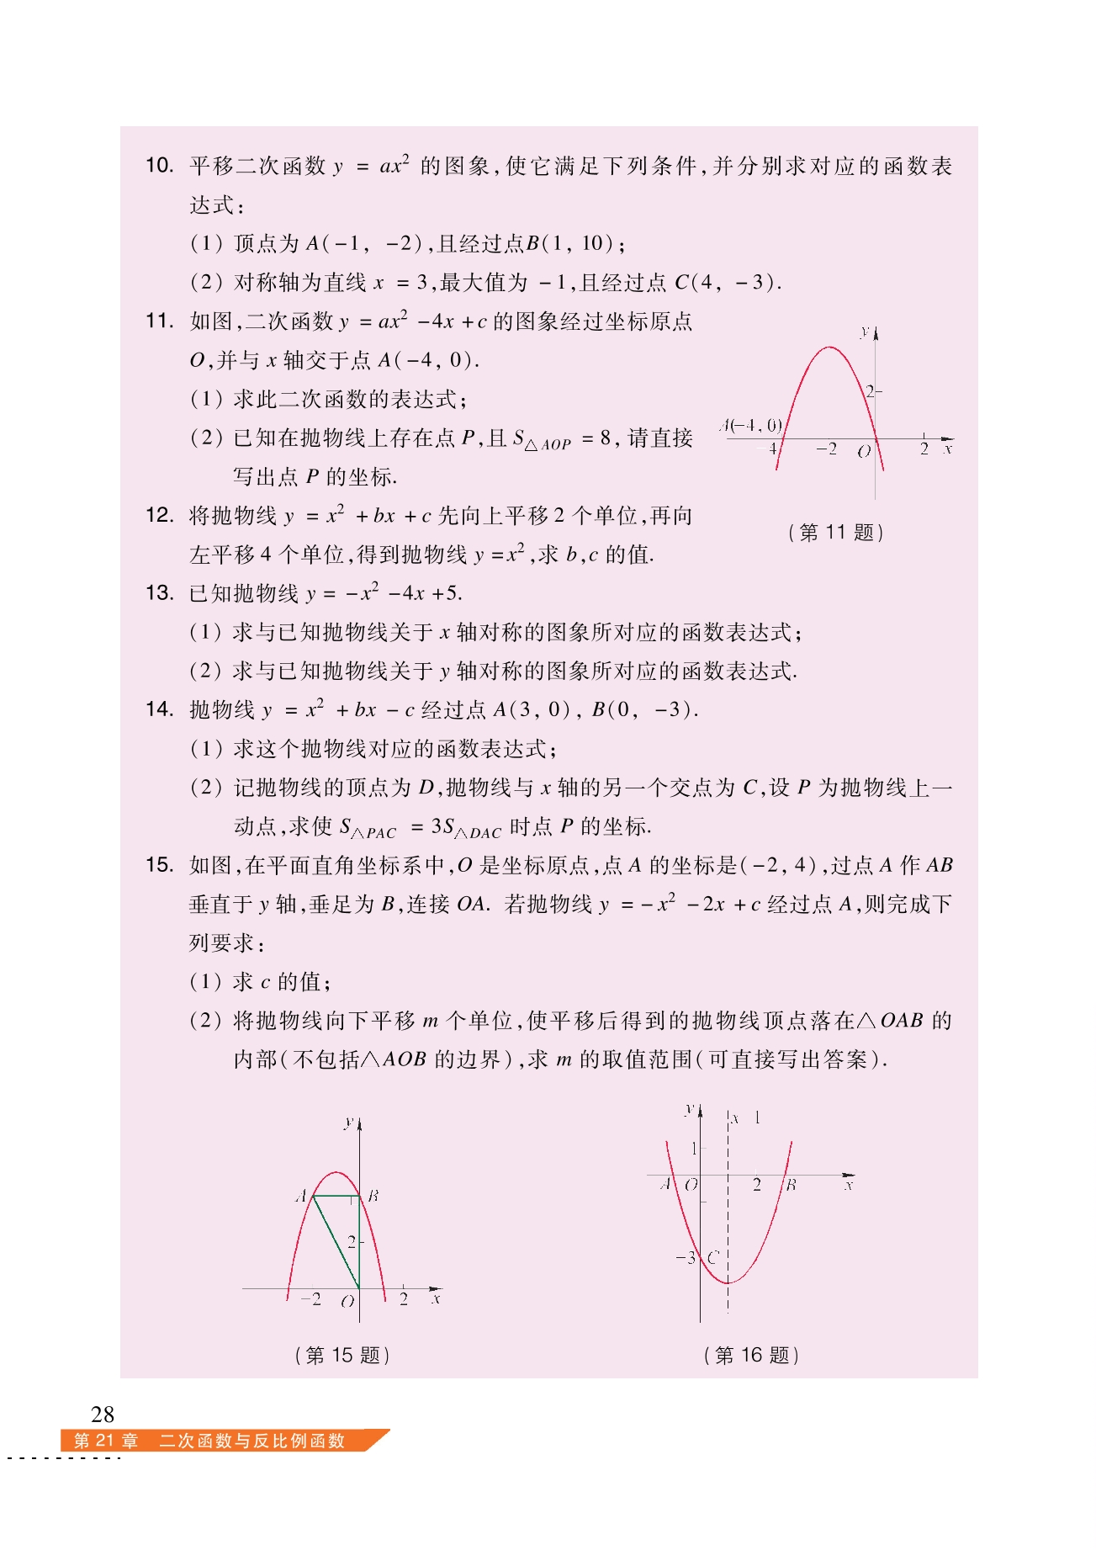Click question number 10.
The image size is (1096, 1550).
tap(159, 165)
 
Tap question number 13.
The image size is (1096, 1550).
tap(159, 593)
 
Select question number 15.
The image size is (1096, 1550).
tap(159, 865)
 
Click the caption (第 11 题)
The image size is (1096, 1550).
tap(836, 532)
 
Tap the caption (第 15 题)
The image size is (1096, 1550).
tap(343, 1355)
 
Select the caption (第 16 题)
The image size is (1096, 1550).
tap(751, 1355)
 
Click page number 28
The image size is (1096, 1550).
tap(103, 1414)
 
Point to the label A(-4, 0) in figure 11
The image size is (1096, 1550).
tap(751, 425)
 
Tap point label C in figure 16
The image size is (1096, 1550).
tap(712, 1258)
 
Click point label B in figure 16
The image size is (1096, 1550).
tap(791, 1185)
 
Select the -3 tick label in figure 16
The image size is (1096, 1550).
tap(686, 1258)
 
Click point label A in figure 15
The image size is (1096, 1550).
tap(300, 1196)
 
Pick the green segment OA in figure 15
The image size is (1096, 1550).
tap(336, 1242)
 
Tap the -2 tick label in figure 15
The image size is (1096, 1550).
tap(311, 1299)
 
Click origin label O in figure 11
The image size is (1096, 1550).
tap(864, 452)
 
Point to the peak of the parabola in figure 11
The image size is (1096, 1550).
tap(829, 347)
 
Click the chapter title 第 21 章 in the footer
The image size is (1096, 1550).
tap(106, 1441)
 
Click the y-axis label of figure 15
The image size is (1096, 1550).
tap(348, 1123)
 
